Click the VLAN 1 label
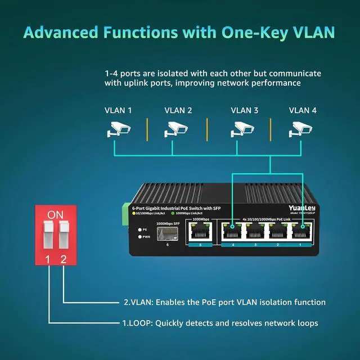click(x=118, y=110)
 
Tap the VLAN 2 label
click(x=178, y=110)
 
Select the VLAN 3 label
click(x=245, y=110)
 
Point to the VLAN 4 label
click(x=303, y=110)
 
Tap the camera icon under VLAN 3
click(x=242, y=130)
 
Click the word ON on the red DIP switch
click(x=55, y=214)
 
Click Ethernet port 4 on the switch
click(x=231, y=232)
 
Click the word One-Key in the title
click(x=255, y=33)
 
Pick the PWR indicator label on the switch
click(x=146, y=237)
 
